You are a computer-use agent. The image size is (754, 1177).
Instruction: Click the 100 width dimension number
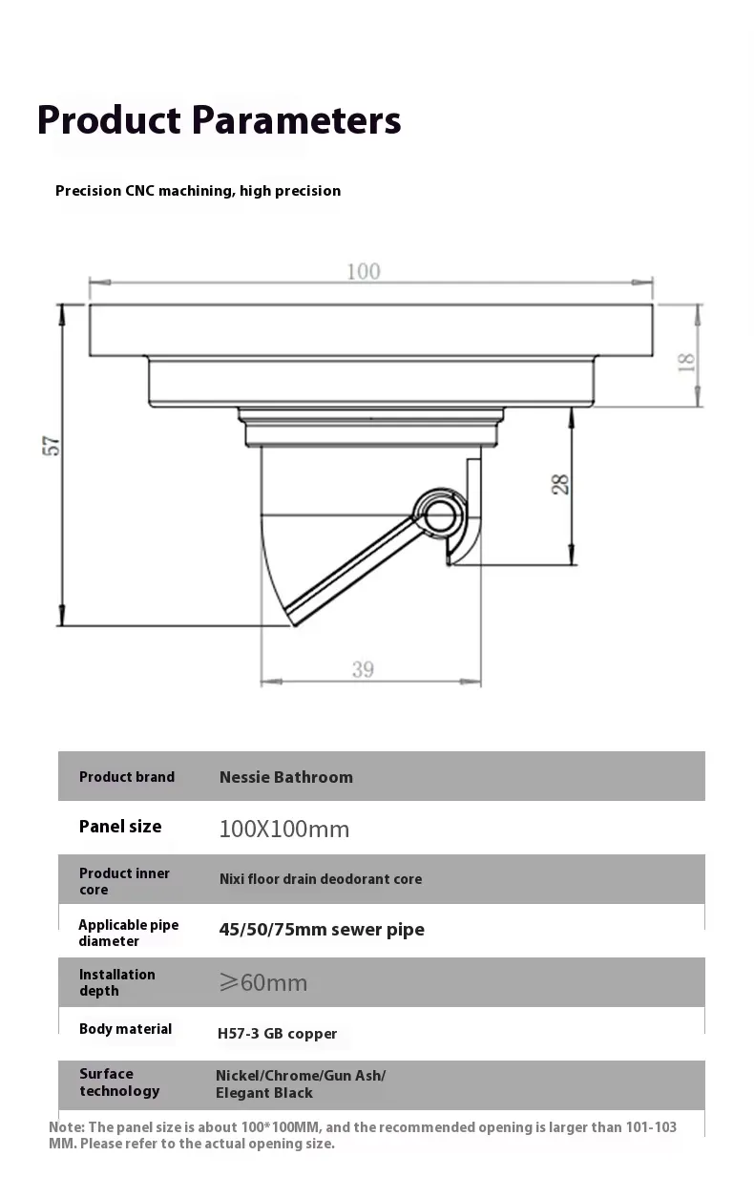coord(363,272)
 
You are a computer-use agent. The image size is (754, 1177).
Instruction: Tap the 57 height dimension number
coord(52,446)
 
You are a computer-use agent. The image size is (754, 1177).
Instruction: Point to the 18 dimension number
coord(686,363)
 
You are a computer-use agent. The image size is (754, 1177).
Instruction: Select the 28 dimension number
coord(560,484)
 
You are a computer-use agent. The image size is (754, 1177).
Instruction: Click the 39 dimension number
coord(363,669)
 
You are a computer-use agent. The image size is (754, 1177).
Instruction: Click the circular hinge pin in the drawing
coord(439,515)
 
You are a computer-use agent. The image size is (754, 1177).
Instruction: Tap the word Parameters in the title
coord(296,120)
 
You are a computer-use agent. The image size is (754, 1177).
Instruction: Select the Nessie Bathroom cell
coord(285,777)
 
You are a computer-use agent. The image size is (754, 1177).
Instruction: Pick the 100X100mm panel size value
coord(284,830)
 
